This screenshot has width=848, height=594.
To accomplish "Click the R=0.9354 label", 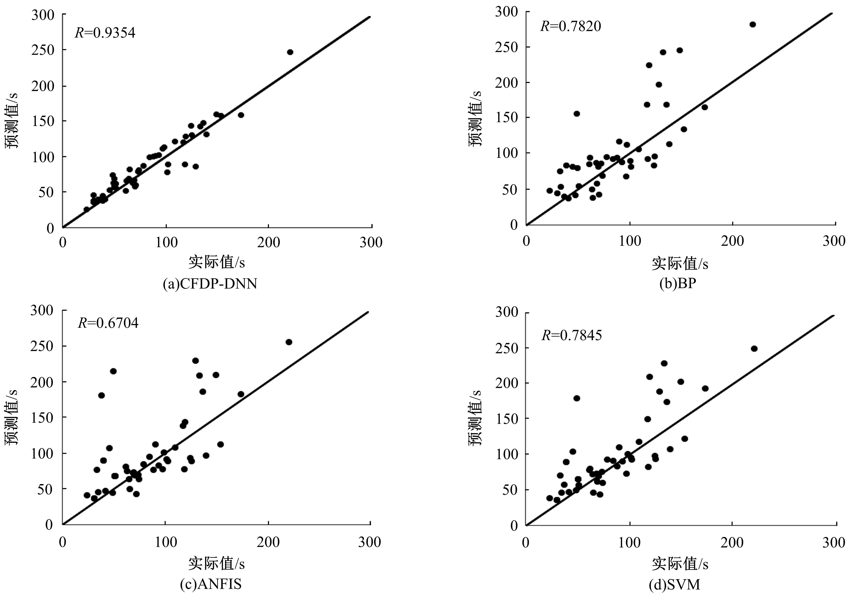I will point(105,33).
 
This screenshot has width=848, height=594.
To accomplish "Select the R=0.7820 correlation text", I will point(571,26).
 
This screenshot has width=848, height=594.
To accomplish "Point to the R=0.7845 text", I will point(572,335).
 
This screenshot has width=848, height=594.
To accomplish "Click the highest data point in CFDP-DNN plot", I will point(290,52).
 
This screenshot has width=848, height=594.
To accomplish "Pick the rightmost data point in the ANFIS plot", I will point(289,342).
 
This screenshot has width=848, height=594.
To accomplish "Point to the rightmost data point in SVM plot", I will point(754,348).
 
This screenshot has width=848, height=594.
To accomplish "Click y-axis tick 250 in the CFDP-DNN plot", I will point(43,50).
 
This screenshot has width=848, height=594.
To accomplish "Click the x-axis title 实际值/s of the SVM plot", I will point(680,564).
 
